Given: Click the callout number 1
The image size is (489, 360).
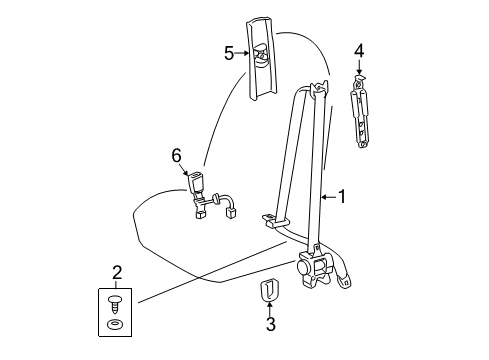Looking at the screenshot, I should tap(341, 198).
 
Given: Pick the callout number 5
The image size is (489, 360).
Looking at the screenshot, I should tap(230, 54).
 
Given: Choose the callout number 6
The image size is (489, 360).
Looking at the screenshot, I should tap(176, 154).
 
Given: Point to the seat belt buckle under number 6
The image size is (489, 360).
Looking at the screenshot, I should tap(196, 187).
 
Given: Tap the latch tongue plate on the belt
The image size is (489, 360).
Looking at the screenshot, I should tap(270, 217).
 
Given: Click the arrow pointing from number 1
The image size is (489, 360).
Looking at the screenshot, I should tap(327, 198).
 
